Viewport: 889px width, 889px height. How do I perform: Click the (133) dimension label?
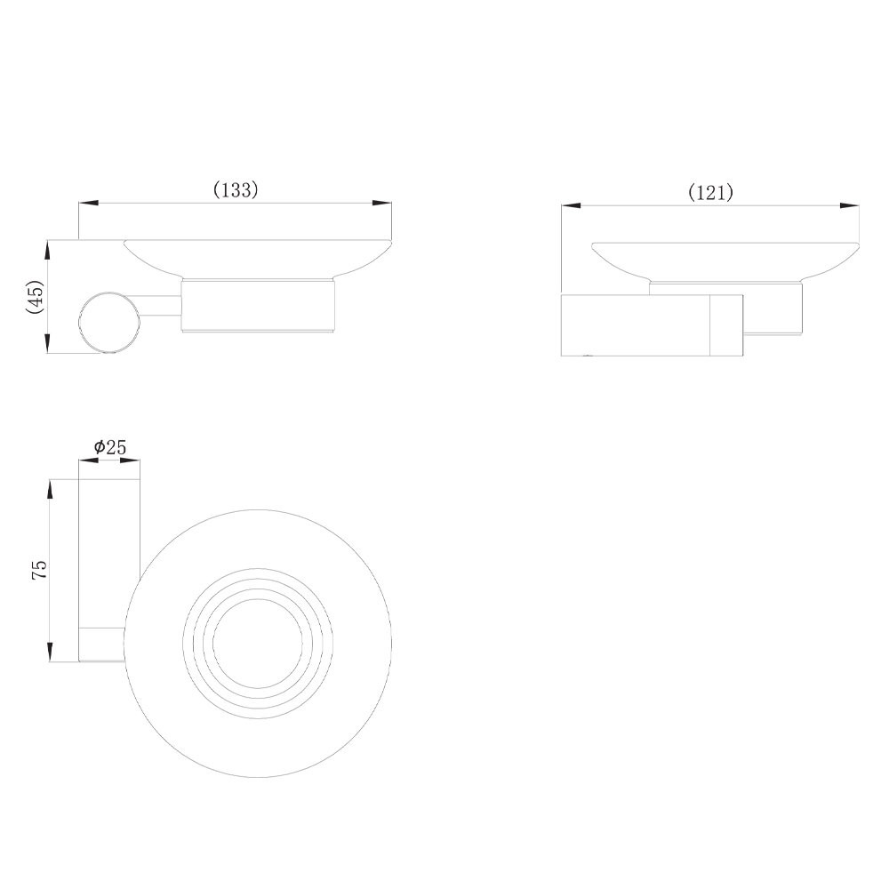click(236, 190)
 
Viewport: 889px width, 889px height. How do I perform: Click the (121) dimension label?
click(710, 193)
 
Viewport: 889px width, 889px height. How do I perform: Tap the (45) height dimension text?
click(35, 297)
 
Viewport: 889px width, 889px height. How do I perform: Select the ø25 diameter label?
click(109, 447)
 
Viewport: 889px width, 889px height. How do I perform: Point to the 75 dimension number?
click(40, 569)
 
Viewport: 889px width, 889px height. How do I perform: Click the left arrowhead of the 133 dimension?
click(88, 203)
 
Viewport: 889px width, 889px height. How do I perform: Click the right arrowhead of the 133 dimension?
click(381, 203)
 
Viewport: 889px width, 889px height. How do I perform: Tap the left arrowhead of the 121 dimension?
click(572, 206)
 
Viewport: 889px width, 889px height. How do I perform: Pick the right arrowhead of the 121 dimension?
click(850, 206)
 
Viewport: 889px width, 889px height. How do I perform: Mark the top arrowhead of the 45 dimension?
click(48, 250)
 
